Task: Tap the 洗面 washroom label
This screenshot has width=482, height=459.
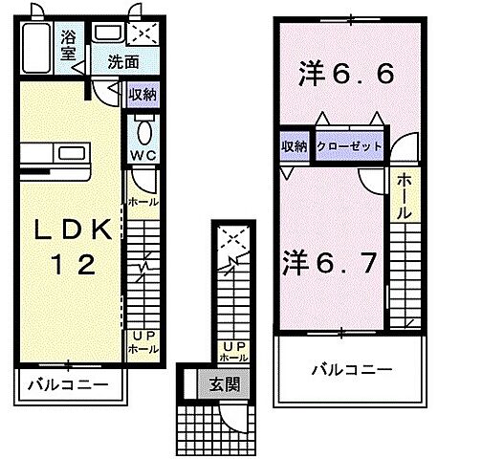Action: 122,62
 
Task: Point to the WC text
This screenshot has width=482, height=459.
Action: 142,155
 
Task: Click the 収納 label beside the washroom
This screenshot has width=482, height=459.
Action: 142,94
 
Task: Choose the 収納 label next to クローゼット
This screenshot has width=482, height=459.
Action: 295,145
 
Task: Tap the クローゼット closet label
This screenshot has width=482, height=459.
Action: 349,145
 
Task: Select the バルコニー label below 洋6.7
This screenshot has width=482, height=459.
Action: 347,369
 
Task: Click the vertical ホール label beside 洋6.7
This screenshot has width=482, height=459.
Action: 404,195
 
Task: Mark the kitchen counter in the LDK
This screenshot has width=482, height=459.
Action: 55,153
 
